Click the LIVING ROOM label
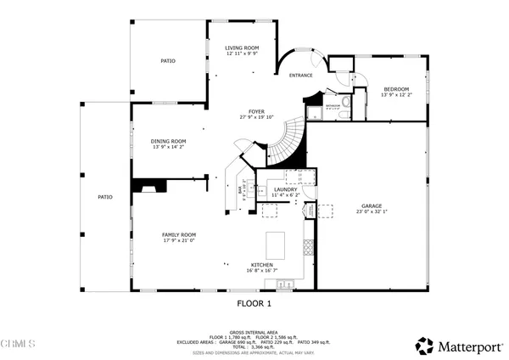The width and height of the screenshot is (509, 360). tap(242, 48)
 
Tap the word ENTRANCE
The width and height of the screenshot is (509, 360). tap(301, 76)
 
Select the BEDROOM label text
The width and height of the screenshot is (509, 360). tap(396, 89)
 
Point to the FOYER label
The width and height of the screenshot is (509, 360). tap(255, 111)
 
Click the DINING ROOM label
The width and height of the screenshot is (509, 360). tap(168, 141)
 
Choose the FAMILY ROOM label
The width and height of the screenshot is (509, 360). tap(179, 234)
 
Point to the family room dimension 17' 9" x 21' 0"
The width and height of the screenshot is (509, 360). tap(179, 240)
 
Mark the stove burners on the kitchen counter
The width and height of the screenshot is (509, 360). tap(309, 247)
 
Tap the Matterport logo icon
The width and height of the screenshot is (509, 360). tap(423, 345)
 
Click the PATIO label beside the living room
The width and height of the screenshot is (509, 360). tap(168, 61)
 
